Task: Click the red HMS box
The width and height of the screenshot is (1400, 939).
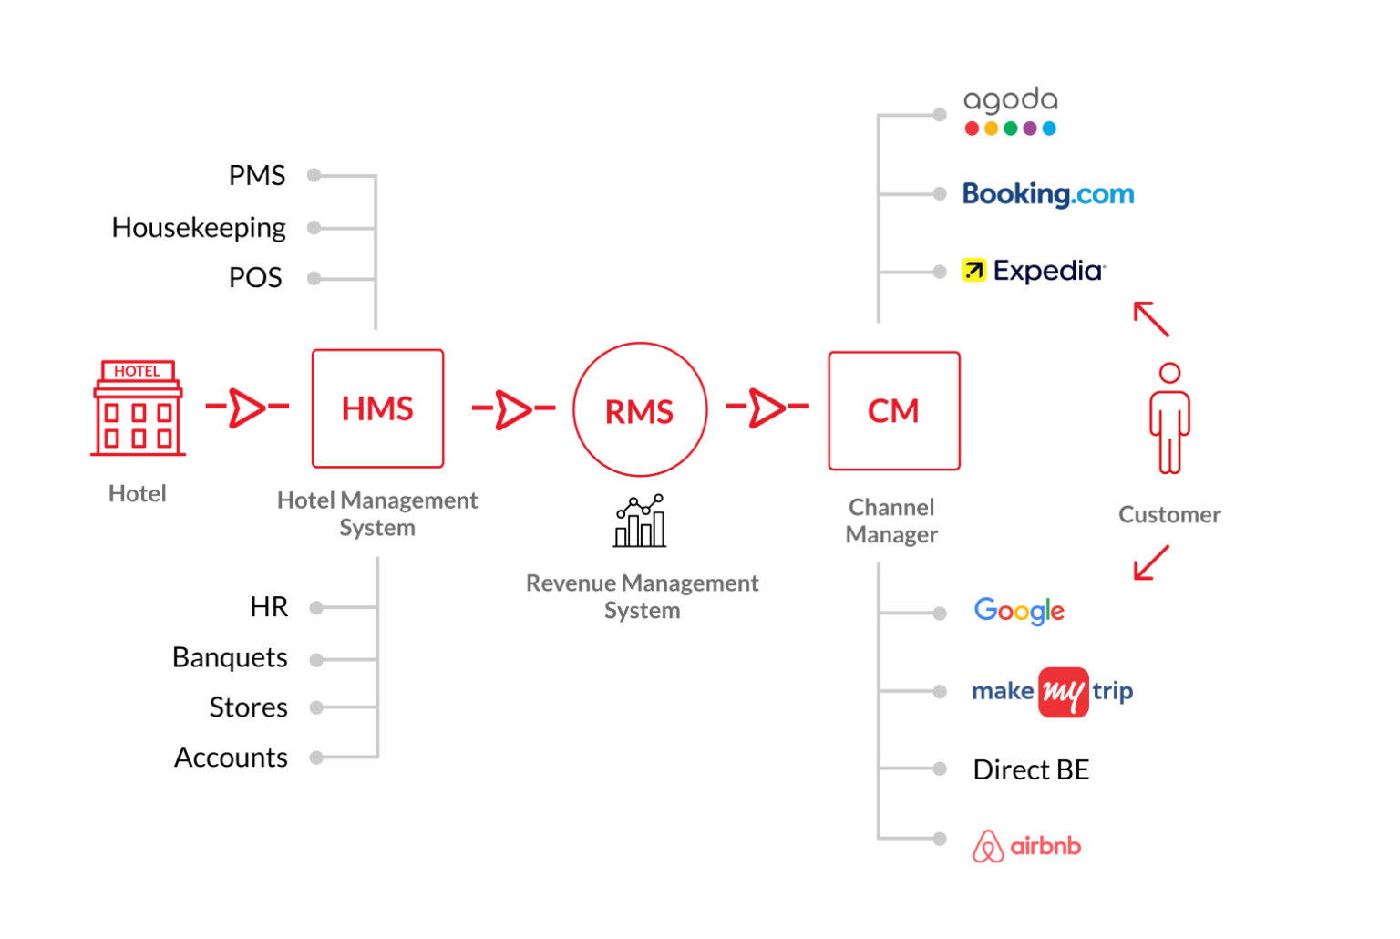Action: [x=377, y=408]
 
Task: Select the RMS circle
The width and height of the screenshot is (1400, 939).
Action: [x=640, y=410]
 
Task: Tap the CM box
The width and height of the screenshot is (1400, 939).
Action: [x=893, y=411]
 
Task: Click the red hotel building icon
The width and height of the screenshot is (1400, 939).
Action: [x=138, y=408]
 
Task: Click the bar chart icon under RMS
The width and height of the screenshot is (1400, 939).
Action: [x=640, y=521]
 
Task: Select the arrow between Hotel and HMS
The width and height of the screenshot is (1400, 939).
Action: [x=246, y=407]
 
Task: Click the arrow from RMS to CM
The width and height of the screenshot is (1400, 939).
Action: [x=767, y=407]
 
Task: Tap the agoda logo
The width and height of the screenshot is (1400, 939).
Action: [x=1010, y=111]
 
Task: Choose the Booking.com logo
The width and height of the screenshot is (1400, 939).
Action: [x=1048, y=194]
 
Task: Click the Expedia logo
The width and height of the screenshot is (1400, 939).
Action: [x=1035, y=271]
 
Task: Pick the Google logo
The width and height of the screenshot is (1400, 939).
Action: [x=1019, y=611]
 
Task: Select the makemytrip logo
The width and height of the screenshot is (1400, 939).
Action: [x=1052, y=692]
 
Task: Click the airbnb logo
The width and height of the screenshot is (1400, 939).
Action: [x=1026, y=846]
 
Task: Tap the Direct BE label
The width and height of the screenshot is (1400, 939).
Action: [x=1031, y=770]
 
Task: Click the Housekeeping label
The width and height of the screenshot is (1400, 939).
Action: [x=199, y=227]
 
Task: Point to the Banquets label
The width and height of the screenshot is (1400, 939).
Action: [x=230, y=657]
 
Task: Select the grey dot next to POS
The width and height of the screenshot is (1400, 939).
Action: [x=314, y=278]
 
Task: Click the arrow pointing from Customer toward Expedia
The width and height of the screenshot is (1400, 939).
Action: [x=1150, y=319]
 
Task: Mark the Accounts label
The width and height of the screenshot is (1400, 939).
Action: [x=231, y=758]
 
